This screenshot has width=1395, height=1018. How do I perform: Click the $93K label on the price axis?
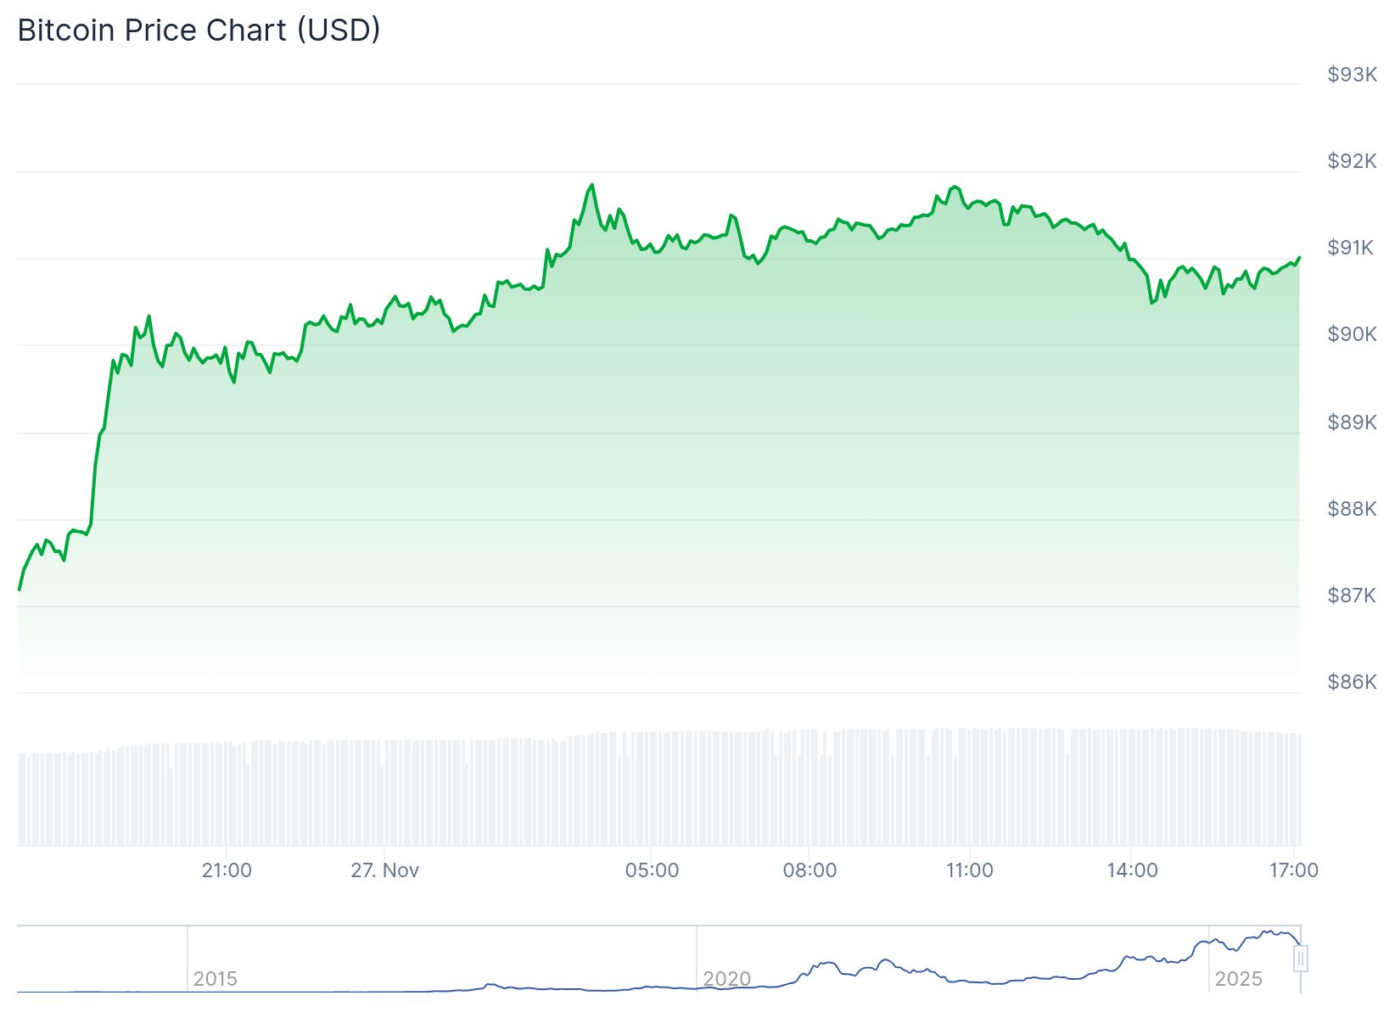coord(1352,75)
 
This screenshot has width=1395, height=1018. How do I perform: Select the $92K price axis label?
coord(1352,161)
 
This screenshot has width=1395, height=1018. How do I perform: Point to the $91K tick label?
coord(1352,248)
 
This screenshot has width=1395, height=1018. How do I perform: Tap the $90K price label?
coord(1352,334)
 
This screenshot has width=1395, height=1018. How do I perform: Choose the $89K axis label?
coord(1352,422)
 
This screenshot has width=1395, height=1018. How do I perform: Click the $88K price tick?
coord(1352,508)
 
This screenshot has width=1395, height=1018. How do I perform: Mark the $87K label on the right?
coord(1352,595)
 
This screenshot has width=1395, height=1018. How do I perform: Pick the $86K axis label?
coord(1352,681)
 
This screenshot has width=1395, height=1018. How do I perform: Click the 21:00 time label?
coord(227,870)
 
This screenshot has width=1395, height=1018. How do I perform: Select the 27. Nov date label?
coord(385,870)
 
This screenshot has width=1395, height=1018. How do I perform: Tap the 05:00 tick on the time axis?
coord(652,870)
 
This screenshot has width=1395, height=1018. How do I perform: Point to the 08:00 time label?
coord(810,870)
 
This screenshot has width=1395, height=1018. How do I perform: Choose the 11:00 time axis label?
coord(969,870)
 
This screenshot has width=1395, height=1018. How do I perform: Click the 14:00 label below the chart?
coord(1132,870)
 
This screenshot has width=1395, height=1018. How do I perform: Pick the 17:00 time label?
coord(1293,870)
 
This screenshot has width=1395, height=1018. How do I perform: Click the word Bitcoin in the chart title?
coord(66,31)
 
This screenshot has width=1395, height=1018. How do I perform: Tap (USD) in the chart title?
coord(339,31)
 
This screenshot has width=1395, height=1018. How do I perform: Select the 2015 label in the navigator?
coord(216,979)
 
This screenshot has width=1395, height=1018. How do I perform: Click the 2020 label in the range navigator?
coord(727,979)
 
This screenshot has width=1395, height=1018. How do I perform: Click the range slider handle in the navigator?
coord(1301,959)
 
